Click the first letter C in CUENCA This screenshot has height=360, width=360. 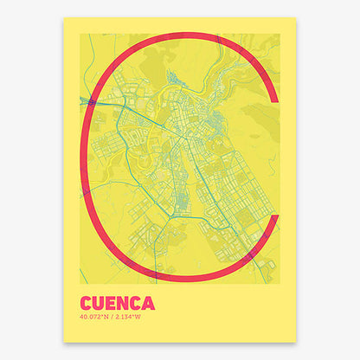pyautogui.click(x=87, y=304)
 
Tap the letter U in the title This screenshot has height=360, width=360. pyautogui.click(x=100, y=304)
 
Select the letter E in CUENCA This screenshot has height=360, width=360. pyautogui.click(x=112, y=304)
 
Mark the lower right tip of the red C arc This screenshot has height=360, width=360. pyautogui.click(x=274, y=218)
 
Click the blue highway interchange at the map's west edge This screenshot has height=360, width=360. pyautogui.click(x=88, y=102)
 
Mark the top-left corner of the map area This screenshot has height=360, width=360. pyautogui.click(x=80, y=34)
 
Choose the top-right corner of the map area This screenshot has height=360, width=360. pyautogui.click(x=280, y=34)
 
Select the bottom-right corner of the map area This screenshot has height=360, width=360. pyautogui.click(x=280, y=283)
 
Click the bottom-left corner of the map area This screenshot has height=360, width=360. pyautogui.click(x=80, y=283)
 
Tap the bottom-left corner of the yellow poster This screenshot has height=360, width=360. pyautogui.click(x=64, y=342)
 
